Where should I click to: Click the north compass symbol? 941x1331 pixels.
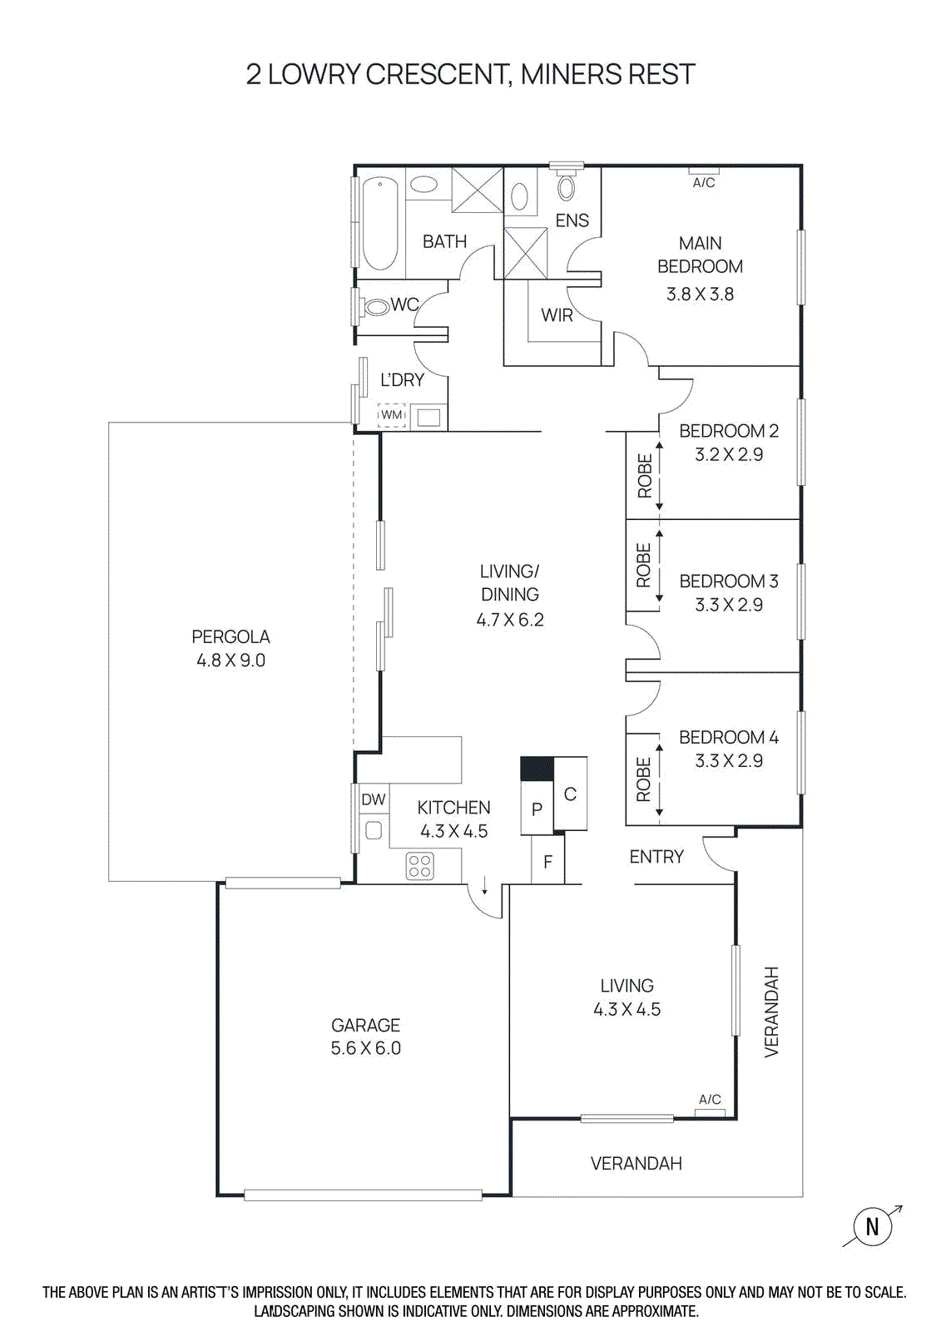[x=872, y=1226]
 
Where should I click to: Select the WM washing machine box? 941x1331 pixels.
[x=392, y=414]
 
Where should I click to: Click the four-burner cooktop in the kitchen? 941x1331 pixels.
[x=420, y=866]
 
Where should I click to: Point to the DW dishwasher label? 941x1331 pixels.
[x=374, y=799]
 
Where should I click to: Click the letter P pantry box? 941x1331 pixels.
[x=537, y=809]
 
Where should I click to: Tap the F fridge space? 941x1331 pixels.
[x=547, y=862]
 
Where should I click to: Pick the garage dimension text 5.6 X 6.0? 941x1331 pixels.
[x=366, y=1048]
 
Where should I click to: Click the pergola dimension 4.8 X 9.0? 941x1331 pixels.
[x=230, y=661]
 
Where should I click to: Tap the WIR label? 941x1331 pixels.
[x=557, y=315]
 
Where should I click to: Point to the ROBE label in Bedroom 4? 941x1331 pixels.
[x=643, y=779]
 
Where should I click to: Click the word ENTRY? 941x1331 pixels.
[x=656, y=857]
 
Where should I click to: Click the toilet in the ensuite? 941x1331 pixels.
[x=567, y=186]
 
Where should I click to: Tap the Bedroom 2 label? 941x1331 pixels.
[x=729, y=431]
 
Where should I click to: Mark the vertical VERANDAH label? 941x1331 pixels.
[x=772, y=1012]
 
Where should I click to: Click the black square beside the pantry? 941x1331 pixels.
[x=537, y=769]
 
